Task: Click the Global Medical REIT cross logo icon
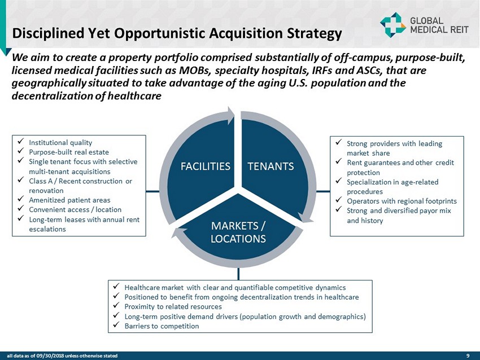pyautogui.click(x=393, y=25)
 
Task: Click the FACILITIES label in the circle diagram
pyautogui.click(x=206, y=166)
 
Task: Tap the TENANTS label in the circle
pyautogui.click(x=270, y=166)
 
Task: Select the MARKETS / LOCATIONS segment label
pyautogui.click(x=238, y=232)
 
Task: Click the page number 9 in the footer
pyautogui.click(x=468, y=355)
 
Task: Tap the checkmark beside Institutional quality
pyautogui.click(x=21, y=142)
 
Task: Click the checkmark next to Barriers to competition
pyautogui.click(x=116, y=325)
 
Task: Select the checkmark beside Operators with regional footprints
pyautogui.click(x=339, y=200)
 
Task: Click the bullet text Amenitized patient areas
pyautogui.click(x=69, y=200)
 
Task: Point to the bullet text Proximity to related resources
pyautogui.click(x=173, y=306)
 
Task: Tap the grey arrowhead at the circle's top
pyautogui.click(x=230, y=115)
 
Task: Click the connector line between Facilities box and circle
pyautogui.click(x=152, y=192)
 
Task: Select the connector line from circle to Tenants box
pyautogui.click(x=323, y=192)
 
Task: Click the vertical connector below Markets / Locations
pyautogui.click(x=238, y=274)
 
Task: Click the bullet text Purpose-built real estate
pyautogui.click(x=69, y=152)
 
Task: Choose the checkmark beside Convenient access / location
pyautogui.click(x=21, y=209)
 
